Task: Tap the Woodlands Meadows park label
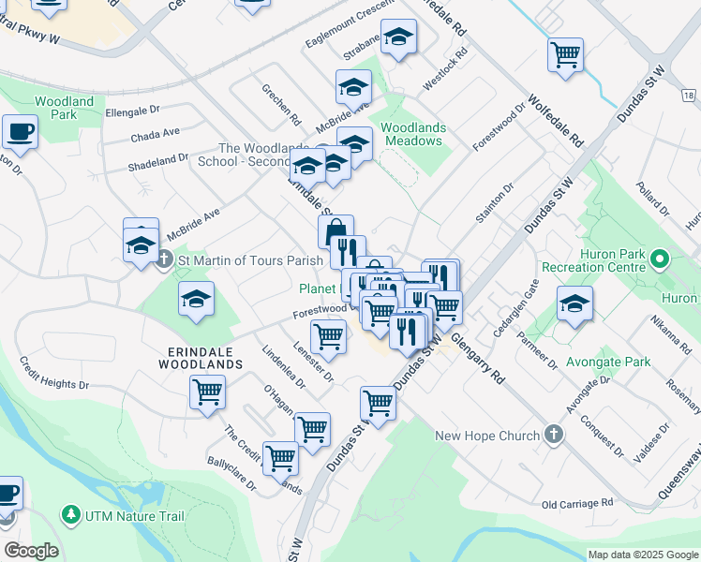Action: click(x=410, y=134)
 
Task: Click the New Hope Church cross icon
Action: click(x=554, y=435)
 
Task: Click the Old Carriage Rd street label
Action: click(x=577, y=504)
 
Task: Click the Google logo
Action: click(x=31, y=551)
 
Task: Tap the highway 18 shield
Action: click(x=689, y=96)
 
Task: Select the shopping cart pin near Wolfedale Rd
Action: click(x=566, y=55)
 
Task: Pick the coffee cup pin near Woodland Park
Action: click(x=20, y=132)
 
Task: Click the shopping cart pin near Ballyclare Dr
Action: click(x=280, y=457)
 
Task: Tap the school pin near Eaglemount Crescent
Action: click(x=399, y=37)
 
